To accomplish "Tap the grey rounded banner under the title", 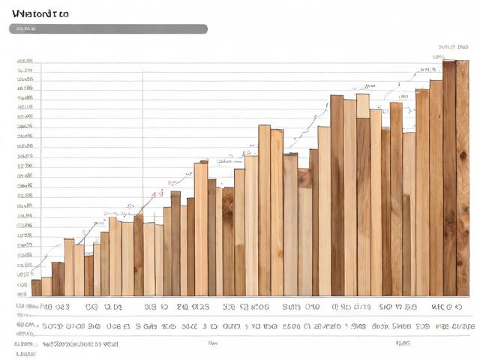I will (108, 29).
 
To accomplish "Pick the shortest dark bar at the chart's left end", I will (36, 287).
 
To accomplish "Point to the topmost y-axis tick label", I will (25, 60).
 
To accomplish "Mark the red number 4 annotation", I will (157, 194).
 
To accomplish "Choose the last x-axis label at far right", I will (445, 307).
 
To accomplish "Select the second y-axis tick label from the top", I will (25, 70).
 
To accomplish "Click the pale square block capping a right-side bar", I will (362, 106).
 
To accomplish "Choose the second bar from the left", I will (46, 286).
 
